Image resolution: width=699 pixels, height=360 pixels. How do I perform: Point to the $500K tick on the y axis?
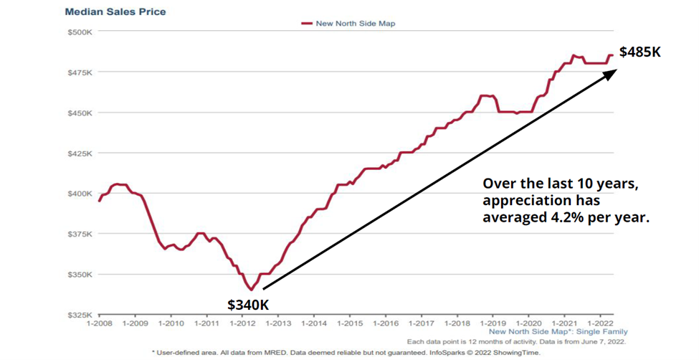[79, 32]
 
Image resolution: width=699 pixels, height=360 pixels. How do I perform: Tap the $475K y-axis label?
[79, 72]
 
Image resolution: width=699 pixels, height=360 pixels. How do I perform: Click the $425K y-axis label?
[79, 153]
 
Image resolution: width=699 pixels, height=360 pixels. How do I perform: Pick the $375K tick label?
[79, 234]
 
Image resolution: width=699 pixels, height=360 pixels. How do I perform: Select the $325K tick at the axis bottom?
[79, 315]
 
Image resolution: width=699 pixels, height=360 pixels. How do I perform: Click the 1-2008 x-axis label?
[99, 323]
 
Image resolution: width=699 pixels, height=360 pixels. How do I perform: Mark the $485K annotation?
[639, 52]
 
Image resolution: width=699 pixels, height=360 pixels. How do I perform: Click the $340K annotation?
[248, 305]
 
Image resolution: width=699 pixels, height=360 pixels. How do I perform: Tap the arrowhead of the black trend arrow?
[611, 72]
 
